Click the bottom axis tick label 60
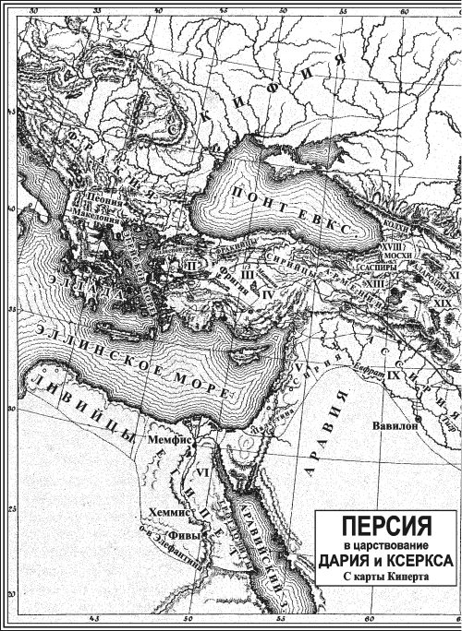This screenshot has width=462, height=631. [x=367, y=619]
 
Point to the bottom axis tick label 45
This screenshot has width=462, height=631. [x=93, y=619]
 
